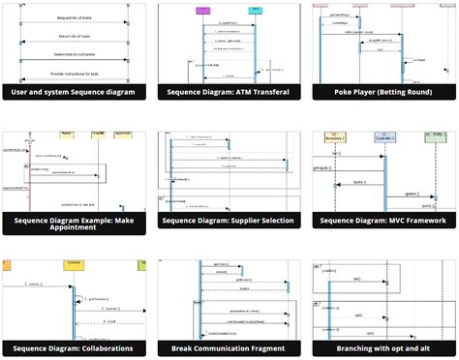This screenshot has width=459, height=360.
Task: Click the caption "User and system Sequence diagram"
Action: click(x=76, y=92)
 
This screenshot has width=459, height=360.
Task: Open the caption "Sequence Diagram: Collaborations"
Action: click(x=76, y=348)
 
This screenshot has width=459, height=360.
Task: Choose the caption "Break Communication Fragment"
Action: click(x=229, y=348)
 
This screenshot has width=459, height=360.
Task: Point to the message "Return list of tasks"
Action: click(x=75, y=38)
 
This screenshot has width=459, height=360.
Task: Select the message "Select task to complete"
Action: click(x=75, y=55)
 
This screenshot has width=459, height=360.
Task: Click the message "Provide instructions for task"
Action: click(x=75, y=74)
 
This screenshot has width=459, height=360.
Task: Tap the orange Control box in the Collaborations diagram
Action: click(x=73, y=264)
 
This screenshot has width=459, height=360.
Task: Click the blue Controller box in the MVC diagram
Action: click(x=383, y=136)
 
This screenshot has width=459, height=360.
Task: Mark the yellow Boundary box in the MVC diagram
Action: click(x=334, y=136)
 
